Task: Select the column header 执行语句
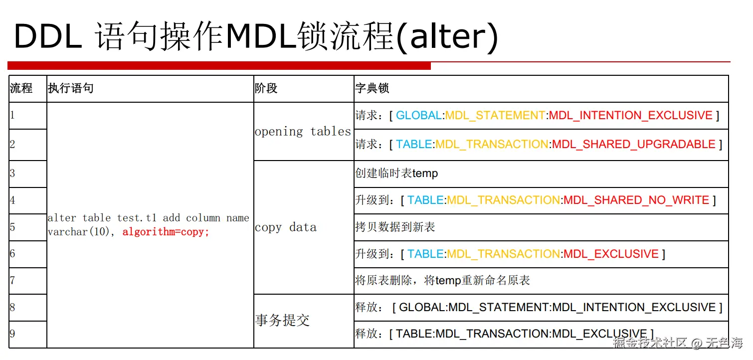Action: click(70, 89)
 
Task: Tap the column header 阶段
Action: click(266, 89)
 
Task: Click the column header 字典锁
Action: click(372, 89)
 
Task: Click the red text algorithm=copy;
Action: click(166, 232)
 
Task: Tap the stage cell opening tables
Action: click(303, 131)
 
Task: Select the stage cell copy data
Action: click(285, 227)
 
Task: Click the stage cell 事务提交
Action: click(282, 320)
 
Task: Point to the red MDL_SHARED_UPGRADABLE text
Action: click(633, 145)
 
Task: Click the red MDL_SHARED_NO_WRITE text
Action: click(636, 200)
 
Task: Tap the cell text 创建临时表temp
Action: click(396, 174)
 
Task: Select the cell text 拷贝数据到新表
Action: click(395, 227)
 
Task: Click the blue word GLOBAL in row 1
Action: click(419, 116)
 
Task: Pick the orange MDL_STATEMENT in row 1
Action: click(495, 116)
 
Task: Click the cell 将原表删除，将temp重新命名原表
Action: click(442, 281)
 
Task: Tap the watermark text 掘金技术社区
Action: click(650, 343)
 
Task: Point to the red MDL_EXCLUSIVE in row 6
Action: click(611, 254)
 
